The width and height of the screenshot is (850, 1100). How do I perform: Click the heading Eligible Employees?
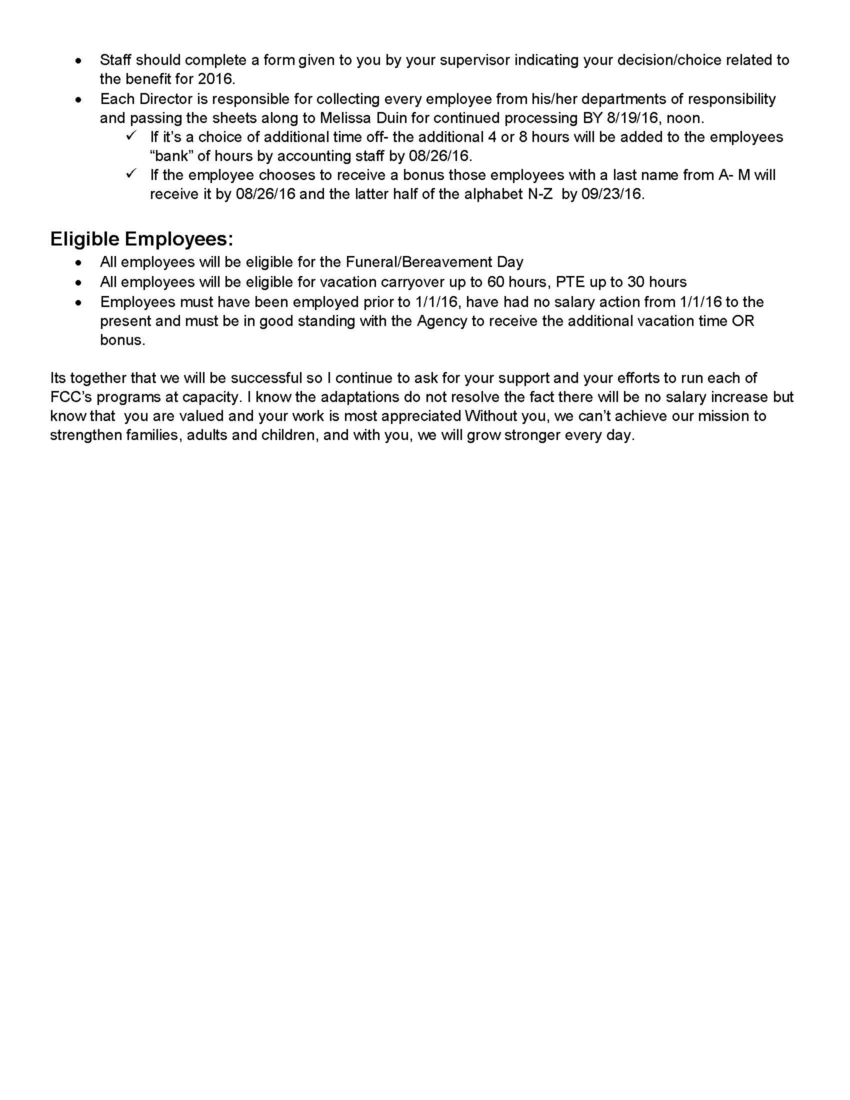[x=141, y=239]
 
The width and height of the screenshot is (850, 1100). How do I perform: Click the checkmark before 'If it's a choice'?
[x=132, y=136]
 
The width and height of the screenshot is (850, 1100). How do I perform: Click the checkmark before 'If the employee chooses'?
[x=132, y=174]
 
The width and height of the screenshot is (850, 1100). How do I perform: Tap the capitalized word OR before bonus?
[x=742, y=321]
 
